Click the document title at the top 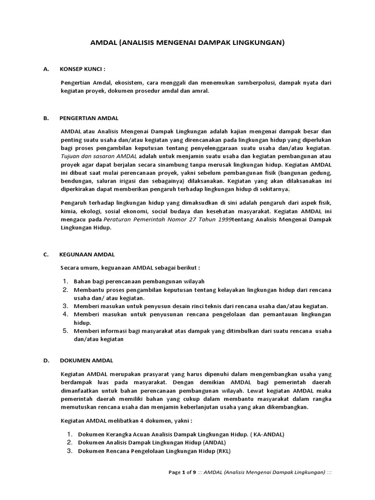pos(187,43)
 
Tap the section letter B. pos(45,118)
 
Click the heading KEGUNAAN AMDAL pos(87,254)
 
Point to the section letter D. pos(45,360)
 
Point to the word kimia pos(68,211)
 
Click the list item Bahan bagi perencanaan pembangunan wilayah pos(139,281)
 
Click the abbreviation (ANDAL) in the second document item pos(208,442)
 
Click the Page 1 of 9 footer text pos(182,473)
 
